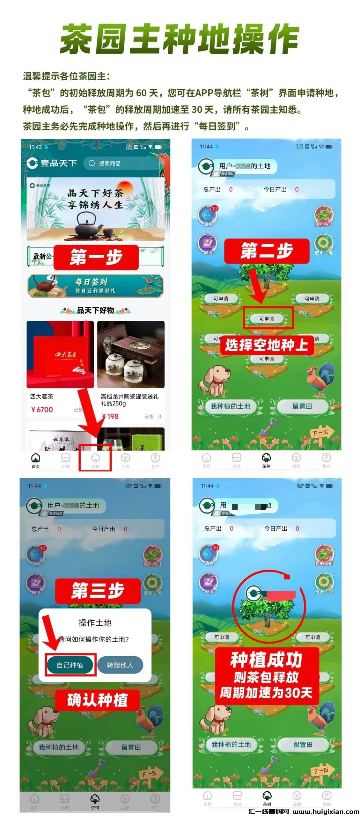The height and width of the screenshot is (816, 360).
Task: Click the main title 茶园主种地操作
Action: pos(180,39)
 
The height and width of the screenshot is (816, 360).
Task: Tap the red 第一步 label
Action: pos(96,257)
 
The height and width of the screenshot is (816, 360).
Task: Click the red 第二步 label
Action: pos(267,251)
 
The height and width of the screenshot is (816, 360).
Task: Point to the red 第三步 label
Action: pos(98,591)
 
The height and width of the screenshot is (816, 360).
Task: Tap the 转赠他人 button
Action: pos(120,665)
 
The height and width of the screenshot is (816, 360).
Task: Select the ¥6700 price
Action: pos(42,410)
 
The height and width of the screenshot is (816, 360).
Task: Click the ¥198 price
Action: pos(110,416)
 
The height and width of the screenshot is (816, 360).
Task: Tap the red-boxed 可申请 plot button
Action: pos(267,318)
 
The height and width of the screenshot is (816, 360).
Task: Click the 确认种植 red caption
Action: pos(98,700)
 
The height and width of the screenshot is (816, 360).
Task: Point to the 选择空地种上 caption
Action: pos(267,345)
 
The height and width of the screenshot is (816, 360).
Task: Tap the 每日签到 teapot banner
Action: pos(95,286)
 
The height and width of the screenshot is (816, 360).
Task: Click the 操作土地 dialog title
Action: pos(95,623)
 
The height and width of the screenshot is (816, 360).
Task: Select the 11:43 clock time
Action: pos(35,147)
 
